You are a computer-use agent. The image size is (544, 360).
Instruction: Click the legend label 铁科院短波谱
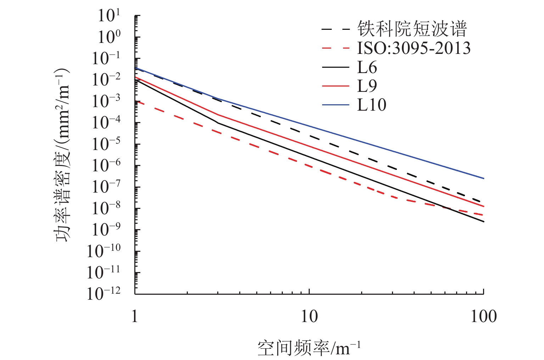click(412, 29)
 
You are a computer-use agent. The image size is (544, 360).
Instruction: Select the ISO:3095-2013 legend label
click(414, 48)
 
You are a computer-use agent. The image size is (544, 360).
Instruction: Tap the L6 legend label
click(367, 67)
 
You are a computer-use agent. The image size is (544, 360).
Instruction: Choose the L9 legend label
click(367, 86)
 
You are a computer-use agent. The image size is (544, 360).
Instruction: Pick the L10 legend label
click(371, 105)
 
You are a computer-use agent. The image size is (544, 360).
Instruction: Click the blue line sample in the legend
click(336, 105)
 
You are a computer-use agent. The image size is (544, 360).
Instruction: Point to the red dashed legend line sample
click(336, 48)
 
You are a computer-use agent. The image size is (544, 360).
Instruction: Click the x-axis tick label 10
click(309, 316)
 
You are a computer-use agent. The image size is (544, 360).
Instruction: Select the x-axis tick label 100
click(483, 316)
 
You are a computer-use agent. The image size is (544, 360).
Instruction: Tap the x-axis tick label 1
click(135, 316)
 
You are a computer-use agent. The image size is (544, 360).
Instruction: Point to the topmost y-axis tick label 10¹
click(109, 16)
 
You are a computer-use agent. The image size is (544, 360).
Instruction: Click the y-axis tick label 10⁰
click(109, 37)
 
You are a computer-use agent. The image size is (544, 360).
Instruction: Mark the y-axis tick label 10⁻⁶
click(106, 165)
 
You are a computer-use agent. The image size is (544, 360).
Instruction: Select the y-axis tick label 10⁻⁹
click(106, 229)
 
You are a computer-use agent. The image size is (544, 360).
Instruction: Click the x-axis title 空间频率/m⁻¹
click(309, 348)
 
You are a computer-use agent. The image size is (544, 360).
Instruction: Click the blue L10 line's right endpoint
click(484, 178)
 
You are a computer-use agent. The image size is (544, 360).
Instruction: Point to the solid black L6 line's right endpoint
click(484, 222)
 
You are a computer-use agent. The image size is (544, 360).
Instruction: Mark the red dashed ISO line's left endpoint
click(135, 102)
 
